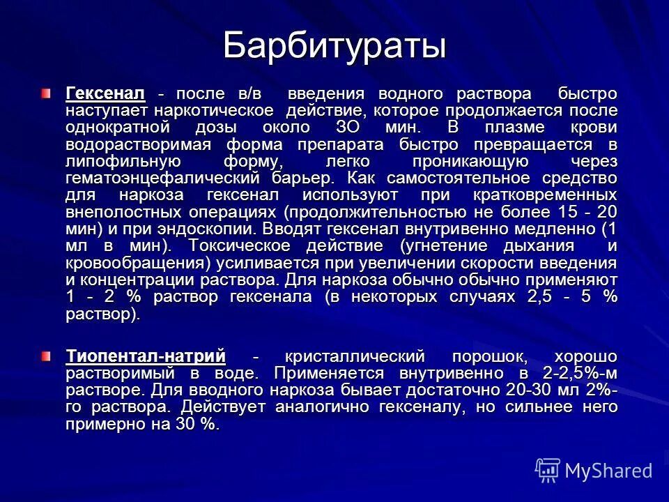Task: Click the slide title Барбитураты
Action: coord(334,45)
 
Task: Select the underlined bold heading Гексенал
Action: coord(105,93)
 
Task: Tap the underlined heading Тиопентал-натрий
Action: coord(146,356)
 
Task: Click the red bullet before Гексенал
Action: coord(45,93)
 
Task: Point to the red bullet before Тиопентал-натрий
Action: coord(45,356)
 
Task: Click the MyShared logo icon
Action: coord(547,469)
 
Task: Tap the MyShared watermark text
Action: coord(608,471)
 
